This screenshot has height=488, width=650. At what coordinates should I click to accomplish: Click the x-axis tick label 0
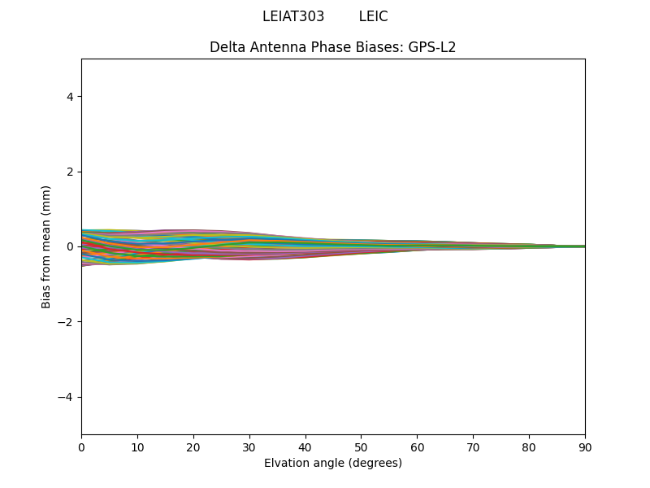point(81,447)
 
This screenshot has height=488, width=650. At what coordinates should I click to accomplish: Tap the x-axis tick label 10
point(137,447)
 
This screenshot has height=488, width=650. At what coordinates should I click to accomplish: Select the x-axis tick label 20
point(193,447)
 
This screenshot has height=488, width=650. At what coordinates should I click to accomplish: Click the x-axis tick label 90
point(585,447)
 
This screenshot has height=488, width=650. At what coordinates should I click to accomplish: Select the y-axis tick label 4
point(70,97)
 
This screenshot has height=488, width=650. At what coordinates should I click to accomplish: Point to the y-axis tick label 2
point(70,172)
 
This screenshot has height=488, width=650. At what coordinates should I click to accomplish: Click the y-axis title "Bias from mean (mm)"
point(46,246)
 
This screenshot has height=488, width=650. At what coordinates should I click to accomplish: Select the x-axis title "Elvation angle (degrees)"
point(333,463)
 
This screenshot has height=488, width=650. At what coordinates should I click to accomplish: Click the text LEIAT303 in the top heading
point(293,16)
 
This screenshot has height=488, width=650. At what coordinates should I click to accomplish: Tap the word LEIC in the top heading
point(373,16)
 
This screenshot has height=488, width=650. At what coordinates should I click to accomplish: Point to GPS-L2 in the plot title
point(432,47)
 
